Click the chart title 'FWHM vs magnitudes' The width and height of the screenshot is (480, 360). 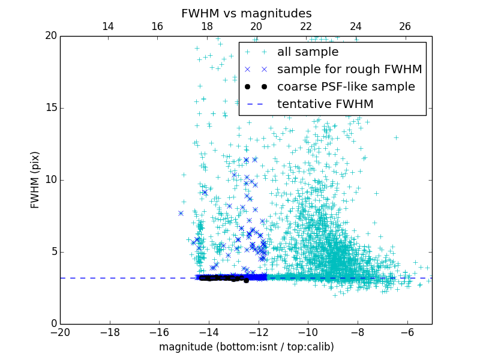246,13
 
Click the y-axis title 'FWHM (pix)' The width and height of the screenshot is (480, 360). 35,180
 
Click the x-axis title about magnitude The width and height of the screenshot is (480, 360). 246,347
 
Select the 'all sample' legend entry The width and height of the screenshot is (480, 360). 308,52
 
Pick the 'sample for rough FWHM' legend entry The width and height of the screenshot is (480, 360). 349,70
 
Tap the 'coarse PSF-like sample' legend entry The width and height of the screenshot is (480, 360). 346,87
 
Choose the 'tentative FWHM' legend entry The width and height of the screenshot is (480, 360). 325,104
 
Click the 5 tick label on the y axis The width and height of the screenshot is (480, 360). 53,252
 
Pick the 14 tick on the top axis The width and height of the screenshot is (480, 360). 108,26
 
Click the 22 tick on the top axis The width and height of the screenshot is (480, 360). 306,26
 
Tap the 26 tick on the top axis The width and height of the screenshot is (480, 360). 405,26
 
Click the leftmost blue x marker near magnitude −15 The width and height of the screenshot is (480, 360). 181,213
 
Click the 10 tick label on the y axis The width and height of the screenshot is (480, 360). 50,180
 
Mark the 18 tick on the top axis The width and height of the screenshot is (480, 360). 207,26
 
